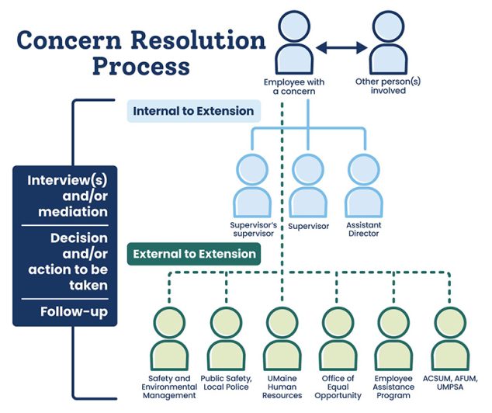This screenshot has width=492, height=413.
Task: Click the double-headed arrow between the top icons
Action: pos(341,48)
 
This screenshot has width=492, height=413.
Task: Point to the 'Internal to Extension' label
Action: pos(193,111)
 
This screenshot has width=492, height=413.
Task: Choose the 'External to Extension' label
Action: pos(194,254)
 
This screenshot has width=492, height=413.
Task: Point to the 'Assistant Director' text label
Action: pos(364,231)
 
